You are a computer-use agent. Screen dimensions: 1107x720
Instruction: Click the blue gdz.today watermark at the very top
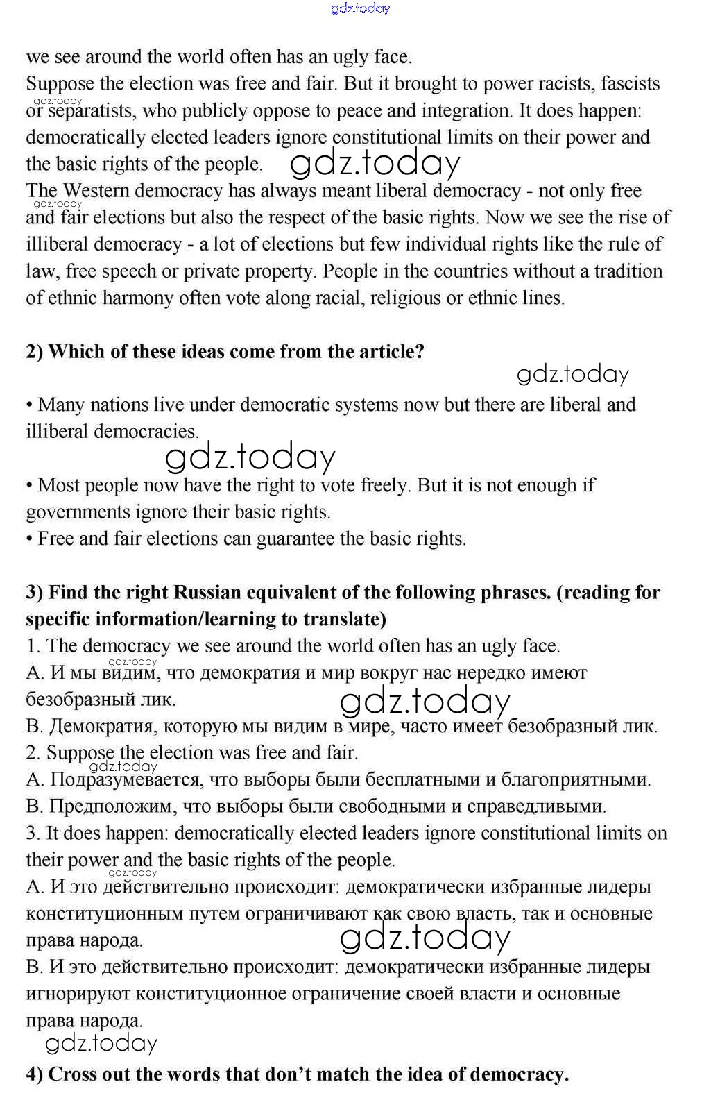[361, 8]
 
